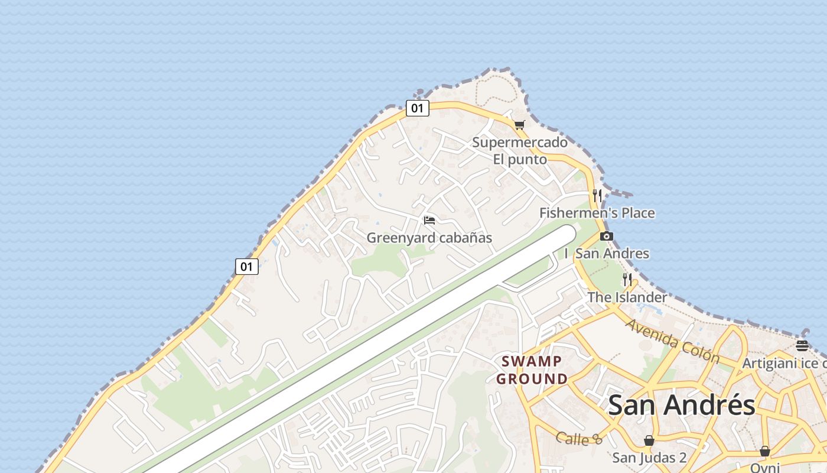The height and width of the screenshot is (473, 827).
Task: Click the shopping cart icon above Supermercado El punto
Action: (x=519, y=125)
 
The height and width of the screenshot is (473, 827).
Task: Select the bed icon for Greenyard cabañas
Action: (x=429, y=221)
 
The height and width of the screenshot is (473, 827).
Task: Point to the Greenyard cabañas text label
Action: (x=429, y=238)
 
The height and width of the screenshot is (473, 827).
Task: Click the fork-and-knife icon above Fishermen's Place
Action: (x=597, y=195)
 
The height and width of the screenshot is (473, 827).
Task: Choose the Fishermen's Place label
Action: (x=597, y=213)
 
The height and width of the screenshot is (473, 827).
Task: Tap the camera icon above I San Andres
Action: (x=606, y=237)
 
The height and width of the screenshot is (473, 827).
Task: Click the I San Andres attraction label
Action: (x=607, y=254)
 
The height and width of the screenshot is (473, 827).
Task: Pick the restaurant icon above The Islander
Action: (x=627, y=279)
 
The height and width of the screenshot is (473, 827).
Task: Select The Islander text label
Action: (x=627, y=297)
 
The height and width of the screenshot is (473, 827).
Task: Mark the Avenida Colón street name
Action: (x=673, y=341)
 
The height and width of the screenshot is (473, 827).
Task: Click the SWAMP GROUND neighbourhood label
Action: (x=532, y=370)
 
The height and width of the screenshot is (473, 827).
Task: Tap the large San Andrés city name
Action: (x=681, y=406)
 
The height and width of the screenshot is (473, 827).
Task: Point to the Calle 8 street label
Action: (x=579, y=439)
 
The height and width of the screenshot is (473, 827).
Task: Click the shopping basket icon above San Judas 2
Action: (x=649, y=440)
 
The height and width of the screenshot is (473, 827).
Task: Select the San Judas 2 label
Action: (x=649, y=458)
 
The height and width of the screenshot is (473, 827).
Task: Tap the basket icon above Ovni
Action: (x=765, y=451)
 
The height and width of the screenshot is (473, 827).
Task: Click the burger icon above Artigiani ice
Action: (x=802, y=346)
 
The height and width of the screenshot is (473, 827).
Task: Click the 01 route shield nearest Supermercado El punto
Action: (x=417, y=108)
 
